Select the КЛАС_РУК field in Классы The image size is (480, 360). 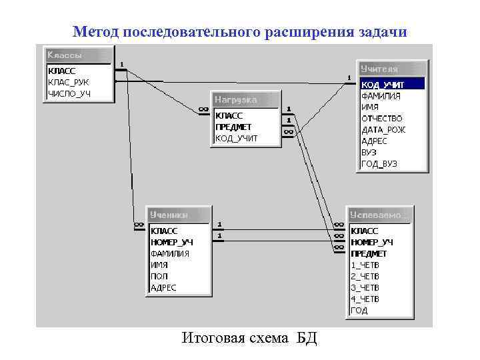click(x=68, y=82)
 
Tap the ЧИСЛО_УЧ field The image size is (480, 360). click(x=69, y=93)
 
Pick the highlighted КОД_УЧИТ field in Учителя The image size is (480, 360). click(x=383, y=85)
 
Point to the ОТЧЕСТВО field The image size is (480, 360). click(x=382, y=118)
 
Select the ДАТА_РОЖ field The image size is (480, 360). click(x=383, y=129)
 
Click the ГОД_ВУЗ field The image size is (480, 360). click(x=380, y=163)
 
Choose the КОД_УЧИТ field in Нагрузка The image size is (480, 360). click(x=236, y=139)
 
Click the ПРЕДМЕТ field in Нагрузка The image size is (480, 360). click(x=233, y=127)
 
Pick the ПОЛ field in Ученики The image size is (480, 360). click(x=159, y=276)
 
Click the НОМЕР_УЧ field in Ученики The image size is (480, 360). click(x=172, y=242)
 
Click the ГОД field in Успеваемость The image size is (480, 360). click(x=359, y=310)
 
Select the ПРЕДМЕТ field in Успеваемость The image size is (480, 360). click(x=369, y=253)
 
